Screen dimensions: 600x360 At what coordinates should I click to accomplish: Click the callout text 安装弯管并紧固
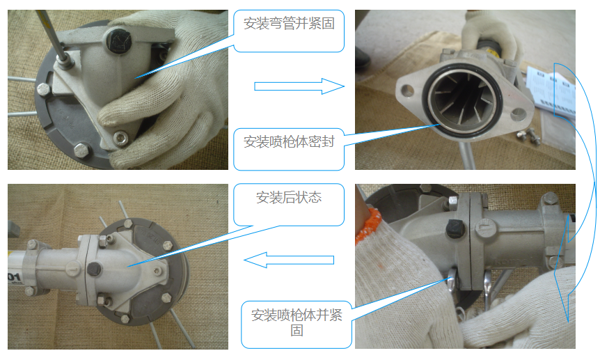[x=289, y=24]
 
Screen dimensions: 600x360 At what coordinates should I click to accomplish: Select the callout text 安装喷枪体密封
[x=289, y=142]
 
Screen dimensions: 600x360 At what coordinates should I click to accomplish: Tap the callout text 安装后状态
[x=289, y=197]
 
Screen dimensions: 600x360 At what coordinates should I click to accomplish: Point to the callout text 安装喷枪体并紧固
[x=297, y=322]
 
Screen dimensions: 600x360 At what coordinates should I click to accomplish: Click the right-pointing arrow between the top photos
[x=299, y=86]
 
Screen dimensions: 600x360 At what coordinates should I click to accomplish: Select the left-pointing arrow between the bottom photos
[x=289, y=260]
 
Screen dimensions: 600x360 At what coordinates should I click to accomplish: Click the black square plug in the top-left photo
[x=118, y=41]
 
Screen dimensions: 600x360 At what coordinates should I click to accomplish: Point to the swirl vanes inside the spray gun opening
[x=463, y=100]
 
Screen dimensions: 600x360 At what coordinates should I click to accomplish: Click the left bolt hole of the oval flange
[x=406, y=91]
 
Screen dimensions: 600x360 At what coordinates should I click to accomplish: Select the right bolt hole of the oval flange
[x=518, y=114]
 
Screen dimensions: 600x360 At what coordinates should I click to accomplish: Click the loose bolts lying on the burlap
[x=528, y=135]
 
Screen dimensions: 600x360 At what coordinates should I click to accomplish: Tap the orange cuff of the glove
[x=368, y=225]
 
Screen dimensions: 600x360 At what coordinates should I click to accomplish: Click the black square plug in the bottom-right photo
[x=455, y=229]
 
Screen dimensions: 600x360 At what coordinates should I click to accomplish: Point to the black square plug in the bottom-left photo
[x=94, y=269]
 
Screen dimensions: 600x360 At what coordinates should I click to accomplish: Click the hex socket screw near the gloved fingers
[x=121, y=138]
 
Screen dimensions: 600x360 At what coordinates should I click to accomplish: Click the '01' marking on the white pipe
[x=13, y=276]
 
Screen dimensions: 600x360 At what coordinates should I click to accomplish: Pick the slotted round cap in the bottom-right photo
[x=483, y=228]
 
